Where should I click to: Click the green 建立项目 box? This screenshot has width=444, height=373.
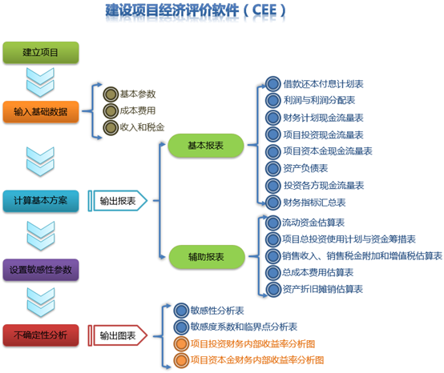[x=41, y=53]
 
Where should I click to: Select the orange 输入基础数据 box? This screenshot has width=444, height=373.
[x=41, y=112]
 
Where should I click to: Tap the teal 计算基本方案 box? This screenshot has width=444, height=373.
[x=41, y=201]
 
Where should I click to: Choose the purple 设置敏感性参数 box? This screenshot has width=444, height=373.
[x=41, y=270]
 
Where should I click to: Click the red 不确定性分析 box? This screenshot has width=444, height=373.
[x=41, y=335]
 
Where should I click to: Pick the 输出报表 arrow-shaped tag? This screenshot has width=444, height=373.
[x=118, y=201]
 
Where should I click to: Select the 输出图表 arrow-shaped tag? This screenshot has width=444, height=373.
[x=118, y=335]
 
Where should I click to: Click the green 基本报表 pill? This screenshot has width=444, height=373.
[x=206, y=146]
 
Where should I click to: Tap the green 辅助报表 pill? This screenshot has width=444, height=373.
[x=207, y=257]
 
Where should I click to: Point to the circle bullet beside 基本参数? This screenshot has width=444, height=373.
[x=111, y=94]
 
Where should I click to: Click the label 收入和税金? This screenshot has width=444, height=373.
[x=142, y=127]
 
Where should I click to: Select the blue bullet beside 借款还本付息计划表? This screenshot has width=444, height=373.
[x=273, y=84]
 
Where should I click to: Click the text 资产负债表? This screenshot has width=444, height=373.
[x=306, y=169]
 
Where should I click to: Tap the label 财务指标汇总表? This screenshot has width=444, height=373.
[x=315, y=203]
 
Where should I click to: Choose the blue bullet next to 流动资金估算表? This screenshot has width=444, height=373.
[x=273, y=223]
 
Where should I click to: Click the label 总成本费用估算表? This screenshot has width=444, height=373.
[x=317, y=273]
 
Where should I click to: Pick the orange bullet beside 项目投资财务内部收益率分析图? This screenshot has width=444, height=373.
[x=181, y=344]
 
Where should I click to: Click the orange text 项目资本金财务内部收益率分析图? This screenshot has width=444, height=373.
[x=257, y=360]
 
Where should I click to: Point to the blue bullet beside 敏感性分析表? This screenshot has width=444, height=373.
[x=181, y=311]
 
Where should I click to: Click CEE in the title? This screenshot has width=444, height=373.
[x=264, y=10]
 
